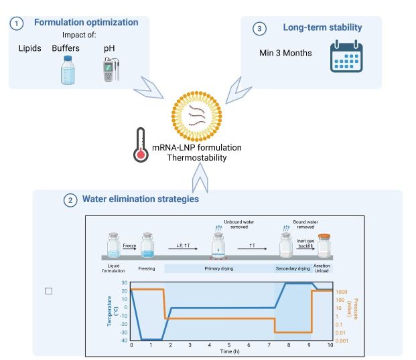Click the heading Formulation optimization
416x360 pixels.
pyautogui.click(x=85, y=23)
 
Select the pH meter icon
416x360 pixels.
pyautogui.click(x=109, y=68)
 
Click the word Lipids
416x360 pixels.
pyautogui.click(x=29, y=49)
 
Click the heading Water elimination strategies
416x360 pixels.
pyautogui.click(x=140, y=199)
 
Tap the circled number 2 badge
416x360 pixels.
pyautogui.click(x=70, y=199)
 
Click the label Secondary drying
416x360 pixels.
pyautogui.click(x=293, y=268)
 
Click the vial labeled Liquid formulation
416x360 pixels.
pyautogui.click(x=113, y=244)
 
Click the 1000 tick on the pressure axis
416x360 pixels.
pyautogui.click(x=342, y=292)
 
